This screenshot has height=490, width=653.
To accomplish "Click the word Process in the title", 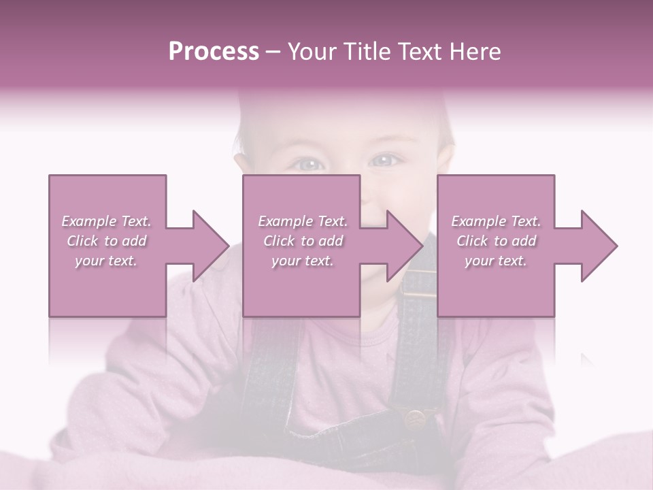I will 214,52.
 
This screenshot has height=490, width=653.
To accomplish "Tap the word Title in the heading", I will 364,52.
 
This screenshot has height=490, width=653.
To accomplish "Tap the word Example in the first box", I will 88,221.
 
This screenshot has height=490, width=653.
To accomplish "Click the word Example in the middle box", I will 285,221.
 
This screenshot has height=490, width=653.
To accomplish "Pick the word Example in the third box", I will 478,221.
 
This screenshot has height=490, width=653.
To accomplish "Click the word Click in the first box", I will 82,241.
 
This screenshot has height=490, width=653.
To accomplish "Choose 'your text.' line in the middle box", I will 302,261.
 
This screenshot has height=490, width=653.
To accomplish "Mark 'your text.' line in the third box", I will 495,261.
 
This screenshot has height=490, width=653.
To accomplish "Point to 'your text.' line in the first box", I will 105,261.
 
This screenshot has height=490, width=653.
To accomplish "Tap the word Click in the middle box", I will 279,241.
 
